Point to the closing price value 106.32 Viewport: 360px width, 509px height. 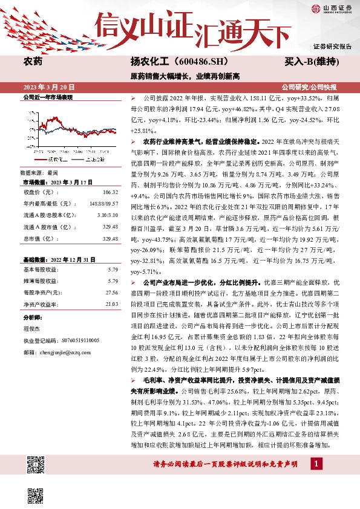point(110,192)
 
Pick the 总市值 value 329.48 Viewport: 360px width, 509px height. point(110,239)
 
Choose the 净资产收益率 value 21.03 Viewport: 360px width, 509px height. point(111,303)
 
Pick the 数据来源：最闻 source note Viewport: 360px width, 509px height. point(37,172)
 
